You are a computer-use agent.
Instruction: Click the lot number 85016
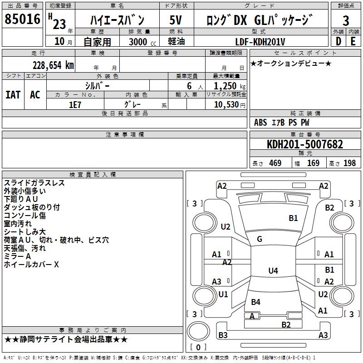click(x=22, y=20)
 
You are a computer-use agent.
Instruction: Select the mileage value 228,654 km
click(x=53, y=65)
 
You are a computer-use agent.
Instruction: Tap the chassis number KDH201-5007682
click(x=304, y=145)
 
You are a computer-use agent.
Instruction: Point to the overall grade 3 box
click(x=346, y=20)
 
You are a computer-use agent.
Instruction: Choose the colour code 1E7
click(x=75, y=104)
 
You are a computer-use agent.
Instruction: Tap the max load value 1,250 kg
click(x=226, y=86)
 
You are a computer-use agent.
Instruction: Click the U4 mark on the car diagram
click(x=273, y=271)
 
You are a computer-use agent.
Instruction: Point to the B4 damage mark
click(x=255, y=302)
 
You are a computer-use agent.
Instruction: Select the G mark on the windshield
click(x=260, y=239)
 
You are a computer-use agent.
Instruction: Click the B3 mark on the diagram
click(x=223, y=335)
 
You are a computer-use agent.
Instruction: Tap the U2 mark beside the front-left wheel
click(x=226, y=227)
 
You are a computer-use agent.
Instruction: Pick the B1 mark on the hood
click(x=293, y=218)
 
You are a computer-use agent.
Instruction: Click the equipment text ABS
click(x=260, y=123)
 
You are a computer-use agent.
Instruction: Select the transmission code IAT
click(x=13, y=95)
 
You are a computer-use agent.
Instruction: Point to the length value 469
click(x=275, y=163)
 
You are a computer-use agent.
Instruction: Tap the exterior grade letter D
click(x=338, y=41)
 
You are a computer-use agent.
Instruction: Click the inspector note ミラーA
click(x=17, y=256)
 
